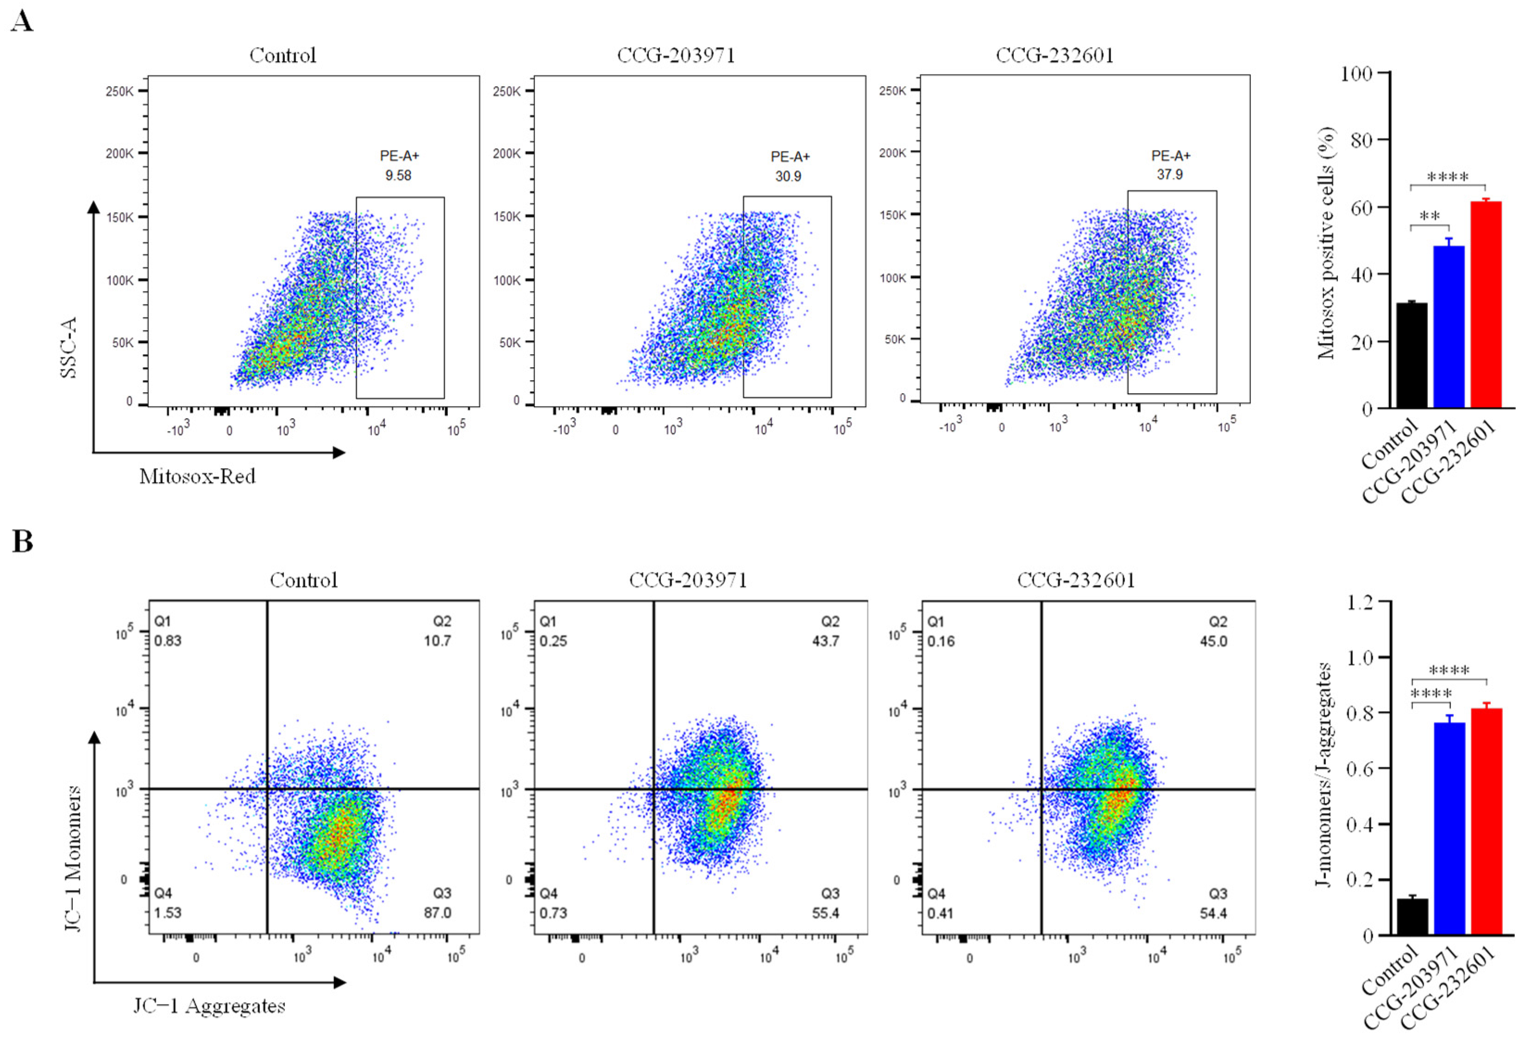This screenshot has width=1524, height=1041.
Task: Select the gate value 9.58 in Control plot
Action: tap(398, 175)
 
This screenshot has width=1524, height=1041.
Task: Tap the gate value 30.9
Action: tap(788, 176)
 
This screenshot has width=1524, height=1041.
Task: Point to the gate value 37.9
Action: tap(1170, 174)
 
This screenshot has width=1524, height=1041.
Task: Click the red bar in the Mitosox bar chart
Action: tap(1485, 305)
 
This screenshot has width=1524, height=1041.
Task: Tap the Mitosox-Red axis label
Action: tap(197, 476)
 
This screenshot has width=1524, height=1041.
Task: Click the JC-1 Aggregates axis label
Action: tap(210, 1006)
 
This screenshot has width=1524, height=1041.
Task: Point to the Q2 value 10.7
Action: tap(438, 641)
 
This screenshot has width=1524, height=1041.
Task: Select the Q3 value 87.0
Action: tap(438, 912)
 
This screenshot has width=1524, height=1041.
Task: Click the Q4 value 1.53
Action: tap(168, 912)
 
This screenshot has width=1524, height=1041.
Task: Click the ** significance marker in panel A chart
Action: tap(1430, 216)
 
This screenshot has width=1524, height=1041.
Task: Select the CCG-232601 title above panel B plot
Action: tap(1075, 580)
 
